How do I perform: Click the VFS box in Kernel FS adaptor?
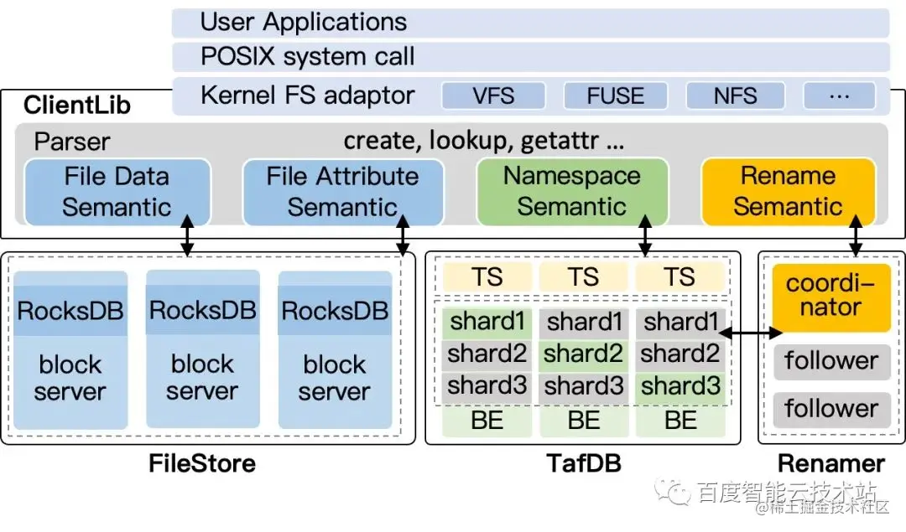(493, 96)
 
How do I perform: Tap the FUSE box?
(615, 96)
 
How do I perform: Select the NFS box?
(735, 96)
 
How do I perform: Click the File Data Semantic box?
(117, 192)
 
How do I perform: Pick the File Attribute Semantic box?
(342, 192)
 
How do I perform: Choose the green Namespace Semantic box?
(572, 192)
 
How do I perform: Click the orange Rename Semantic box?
(788, 192)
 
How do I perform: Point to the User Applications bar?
(530, 23)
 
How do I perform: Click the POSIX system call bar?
(530, 57)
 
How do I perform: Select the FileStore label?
(202, 463)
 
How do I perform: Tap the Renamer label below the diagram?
(831, 463)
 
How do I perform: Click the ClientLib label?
(77, 106)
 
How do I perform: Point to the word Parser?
(72, 141)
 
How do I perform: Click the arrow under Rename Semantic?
(857, 237)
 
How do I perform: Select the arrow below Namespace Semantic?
(646, 237)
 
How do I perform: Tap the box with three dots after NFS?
(839, 96)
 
